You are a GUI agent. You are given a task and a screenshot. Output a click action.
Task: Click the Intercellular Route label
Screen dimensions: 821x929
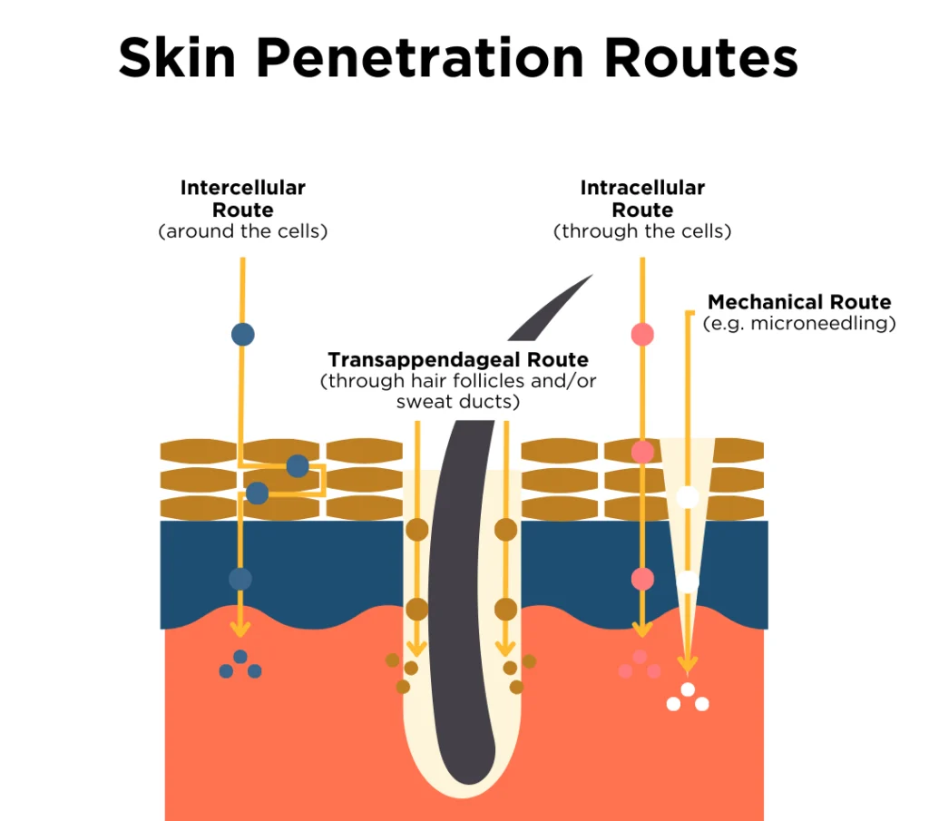pos(242,199)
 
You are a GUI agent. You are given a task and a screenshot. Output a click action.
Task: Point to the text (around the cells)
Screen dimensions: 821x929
pos(242,231)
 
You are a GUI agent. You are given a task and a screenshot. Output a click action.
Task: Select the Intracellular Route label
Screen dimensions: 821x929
pos(642,199)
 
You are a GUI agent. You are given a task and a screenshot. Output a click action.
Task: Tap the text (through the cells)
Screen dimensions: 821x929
pos(642,231)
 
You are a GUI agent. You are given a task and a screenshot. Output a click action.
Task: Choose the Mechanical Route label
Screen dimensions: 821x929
pos(799,302)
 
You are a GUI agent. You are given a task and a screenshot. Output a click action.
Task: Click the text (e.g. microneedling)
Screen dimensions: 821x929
pos(799,323)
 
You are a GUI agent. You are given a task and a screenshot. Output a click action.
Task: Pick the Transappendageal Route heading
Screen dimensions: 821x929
pos(458,359)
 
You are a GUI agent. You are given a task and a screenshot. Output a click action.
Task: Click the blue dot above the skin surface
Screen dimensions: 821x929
pos(242,334)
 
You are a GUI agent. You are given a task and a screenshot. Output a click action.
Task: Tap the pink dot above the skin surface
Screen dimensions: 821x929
pos(642,335)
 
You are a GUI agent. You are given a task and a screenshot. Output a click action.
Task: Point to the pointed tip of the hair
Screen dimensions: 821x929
pos(590,276)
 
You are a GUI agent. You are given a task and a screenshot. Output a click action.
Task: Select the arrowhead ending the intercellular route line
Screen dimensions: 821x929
pos(240,630)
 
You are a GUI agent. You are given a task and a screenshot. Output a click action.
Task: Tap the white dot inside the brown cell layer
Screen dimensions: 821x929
pos(688,497)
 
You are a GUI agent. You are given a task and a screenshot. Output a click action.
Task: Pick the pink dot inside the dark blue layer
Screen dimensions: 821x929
pos(642,578)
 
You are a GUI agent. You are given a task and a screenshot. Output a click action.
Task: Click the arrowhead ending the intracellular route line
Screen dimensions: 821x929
pos(642,630)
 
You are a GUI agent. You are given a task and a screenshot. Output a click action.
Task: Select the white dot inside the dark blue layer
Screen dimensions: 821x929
pos(688,581)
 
